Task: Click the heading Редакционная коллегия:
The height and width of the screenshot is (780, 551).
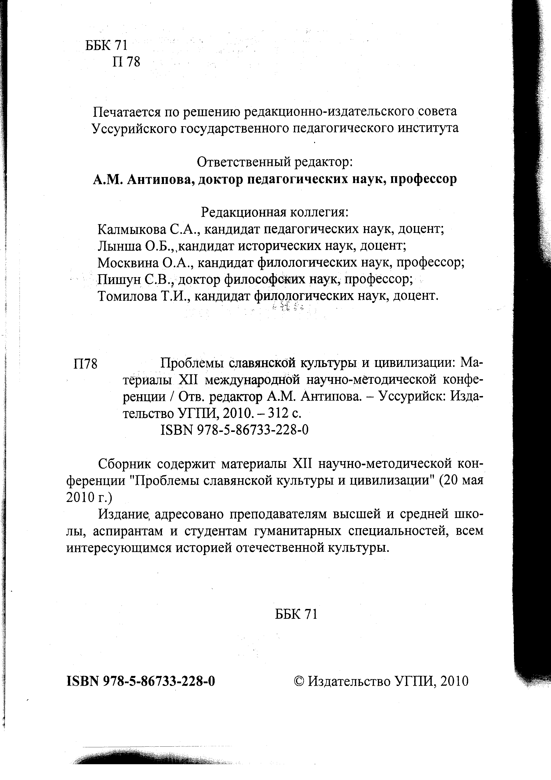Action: pyautogui.click(x=275, y=212)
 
